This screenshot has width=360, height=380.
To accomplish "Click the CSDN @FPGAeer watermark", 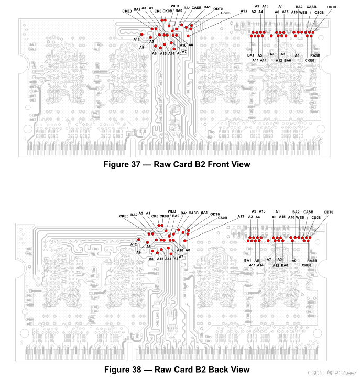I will pos(332,374).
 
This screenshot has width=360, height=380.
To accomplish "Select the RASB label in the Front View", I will pos(315,55).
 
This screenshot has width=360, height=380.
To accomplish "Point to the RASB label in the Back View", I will pos(312,260).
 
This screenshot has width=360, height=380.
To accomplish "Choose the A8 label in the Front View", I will pos(154,53).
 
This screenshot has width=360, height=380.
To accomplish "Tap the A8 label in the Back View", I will pos(151,259).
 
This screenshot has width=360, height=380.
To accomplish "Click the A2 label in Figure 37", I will pos(254,12).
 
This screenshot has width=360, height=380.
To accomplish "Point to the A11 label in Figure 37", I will pos(255,60).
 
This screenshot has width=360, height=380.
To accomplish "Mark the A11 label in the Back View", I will pos(252,265).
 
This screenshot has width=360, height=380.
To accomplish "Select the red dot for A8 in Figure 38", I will pos(152,251).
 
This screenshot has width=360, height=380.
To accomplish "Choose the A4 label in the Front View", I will pos(260,12).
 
